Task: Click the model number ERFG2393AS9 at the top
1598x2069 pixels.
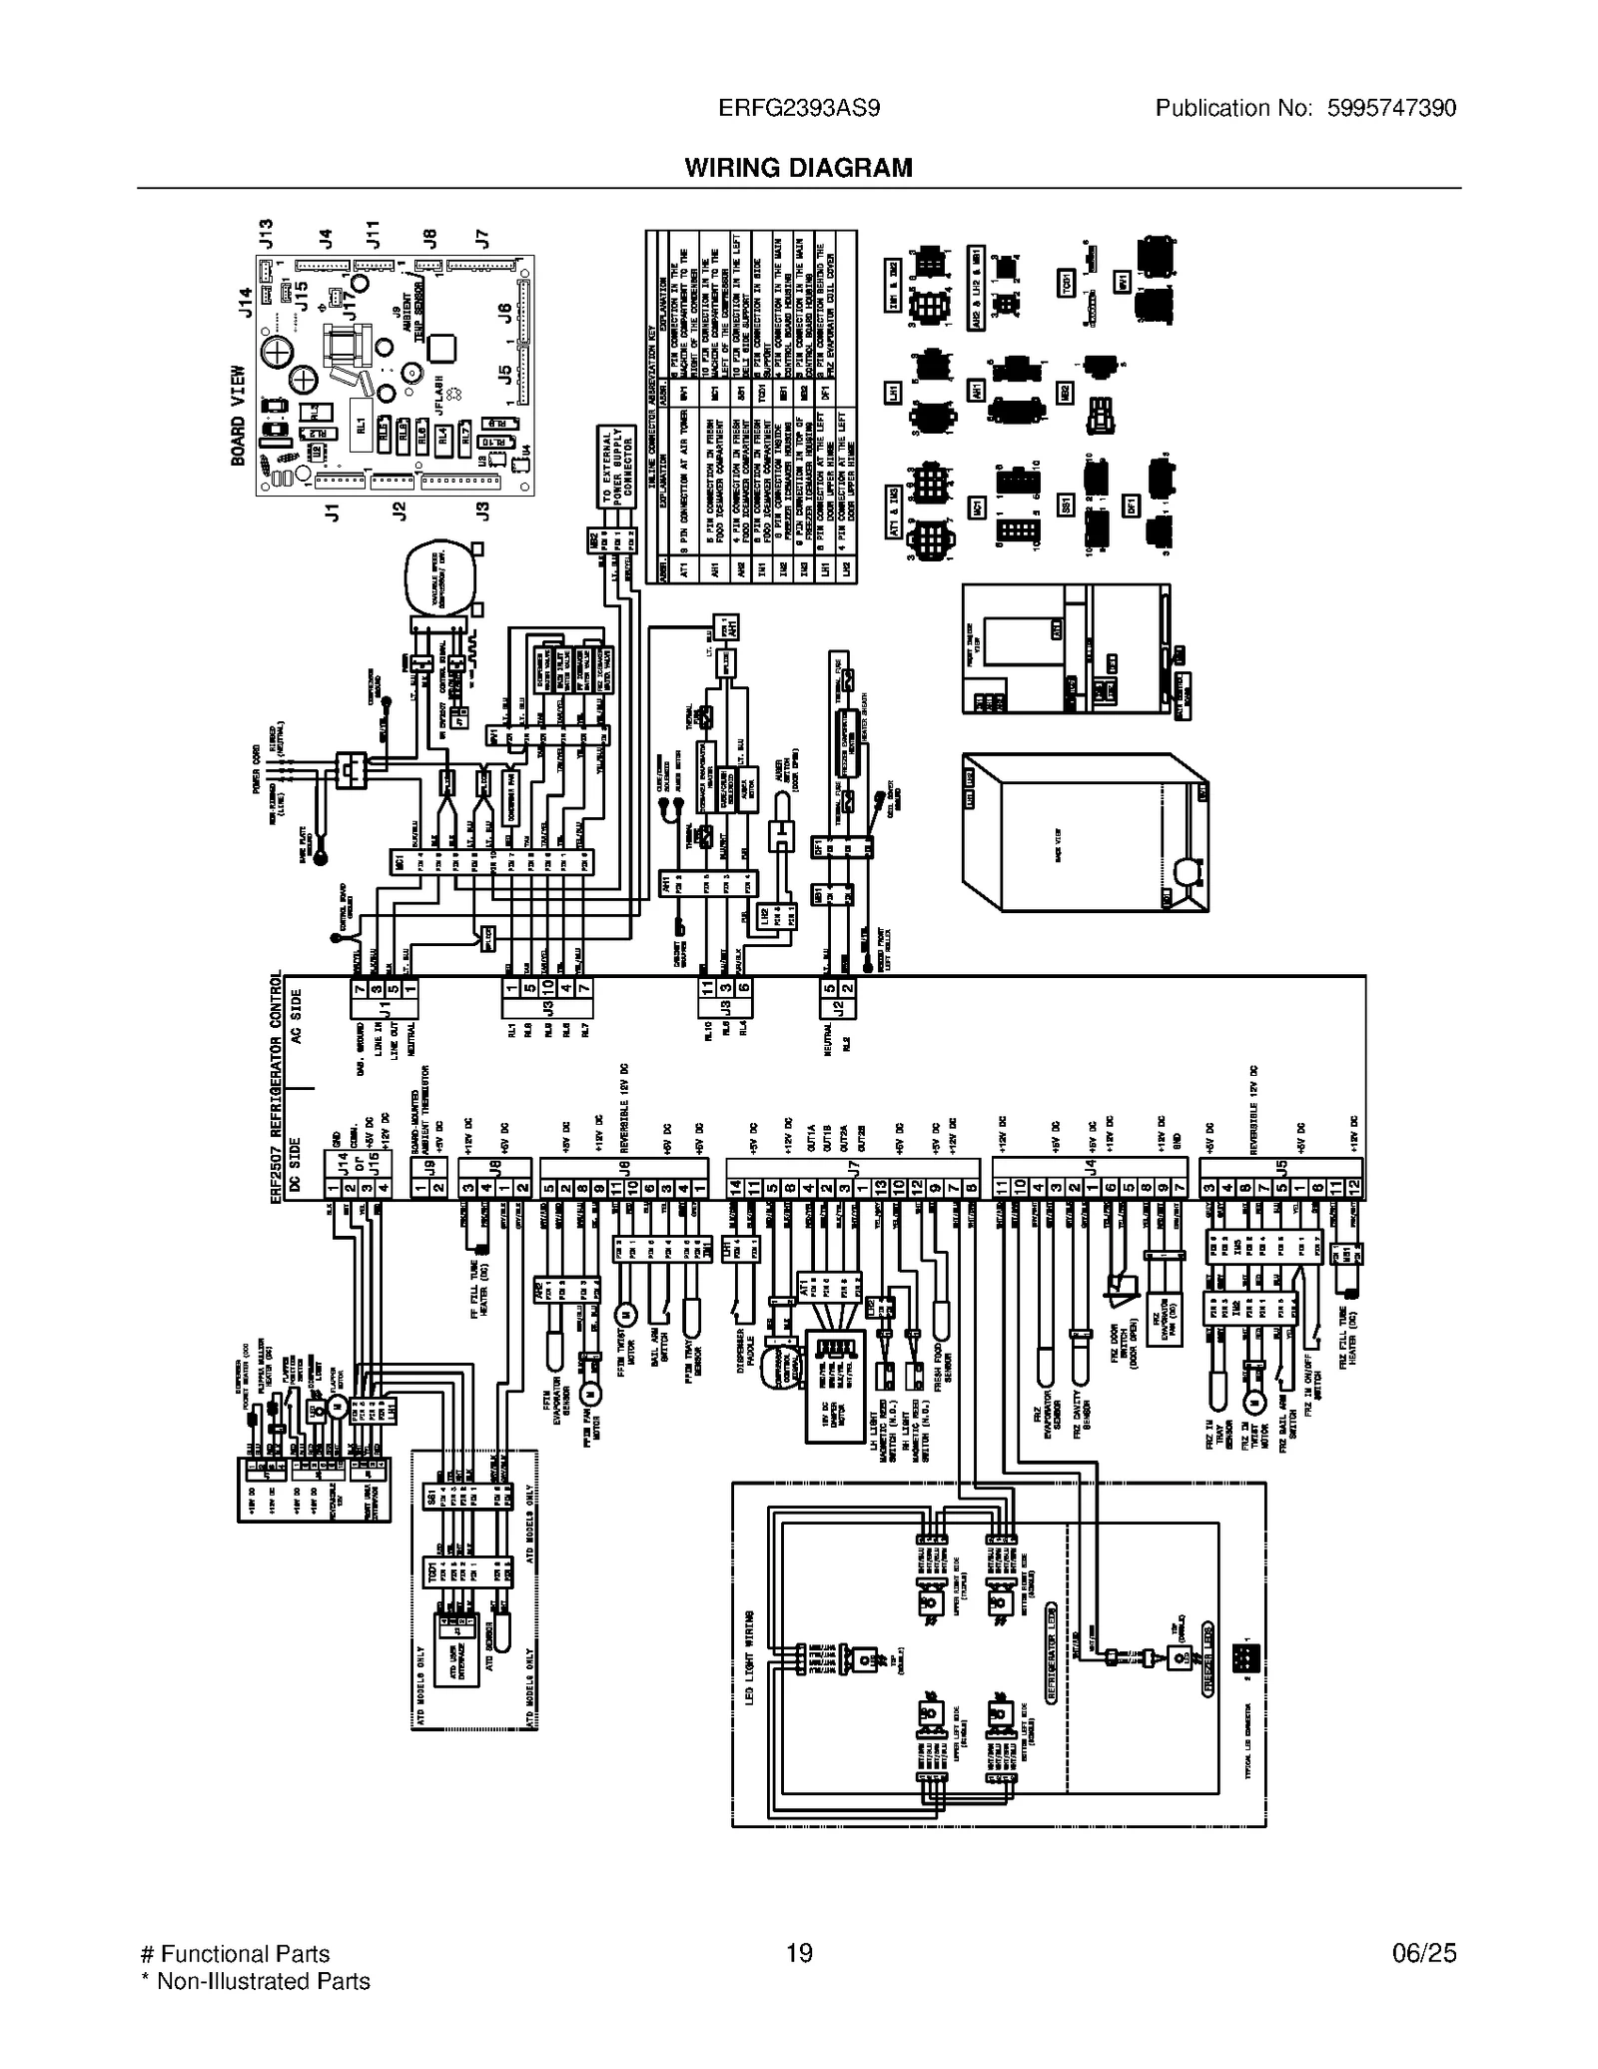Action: [x=799, y=108]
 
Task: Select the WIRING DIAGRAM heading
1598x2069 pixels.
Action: [x=798, y=168]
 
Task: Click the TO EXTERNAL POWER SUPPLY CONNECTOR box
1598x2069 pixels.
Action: [x=617, y=467]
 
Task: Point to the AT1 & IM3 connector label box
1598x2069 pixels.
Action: [x=894, y=513]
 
